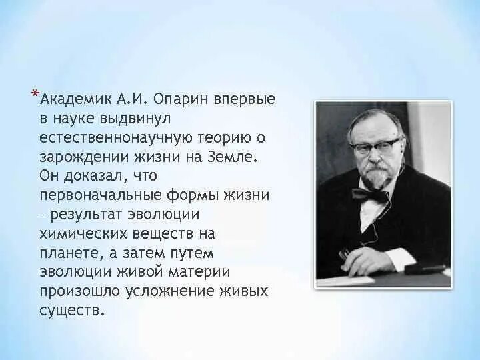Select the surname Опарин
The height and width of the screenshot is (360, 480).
[181, 99]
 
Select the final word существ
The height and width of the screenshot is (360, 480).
[72, 311]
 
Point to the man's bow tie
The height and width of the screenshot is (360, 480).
[371, 195]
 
